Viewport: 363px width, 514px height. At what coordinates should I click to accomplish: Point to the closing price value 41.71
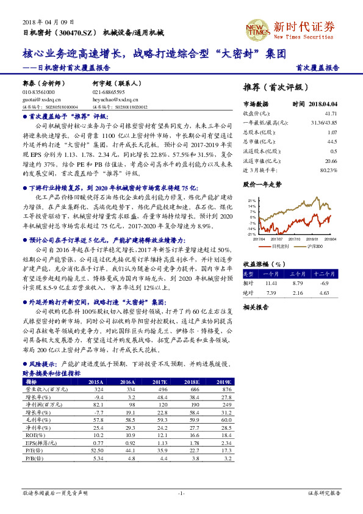tap(331, 114)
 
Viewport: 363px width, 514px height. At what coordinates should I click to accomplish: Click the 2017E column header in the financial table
tap(160, 381)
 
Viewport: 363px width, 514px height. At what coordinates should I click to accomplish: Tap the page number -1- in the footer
tap(181, 492)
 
